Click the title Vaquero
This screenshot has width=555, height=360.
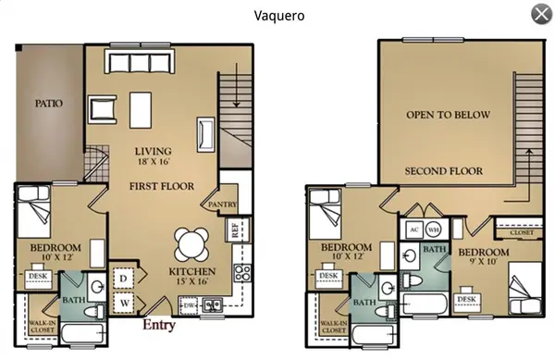(x=279, y=15)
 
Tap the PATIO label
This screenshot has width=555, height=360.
(x=48, y=103)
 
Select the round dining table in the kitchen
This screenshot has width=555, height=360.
(x=192, y=243)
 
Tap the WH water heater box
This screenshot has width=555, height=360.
(x=434, y=230)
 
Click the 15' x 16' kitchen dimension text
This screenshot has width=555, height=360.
(x=191, y=280)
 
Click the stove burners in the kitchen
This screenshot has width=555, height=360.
(x=244, y=272)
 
